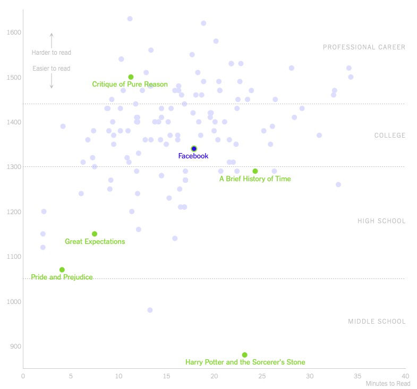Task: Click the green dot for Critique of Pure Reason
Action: (131, 77)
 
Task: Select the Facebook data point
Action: (194, 149)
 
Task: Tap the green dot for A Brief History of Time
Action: (255, 171)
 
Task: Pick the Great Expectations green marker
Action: (95, 234)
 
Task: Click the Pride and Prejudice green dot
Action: (62, 270)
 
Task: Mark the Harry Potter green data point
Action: (244, 355)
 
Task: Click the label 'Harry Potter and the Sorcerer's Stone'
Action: (245, 362)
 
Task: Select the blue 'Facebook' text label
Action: (193, 156)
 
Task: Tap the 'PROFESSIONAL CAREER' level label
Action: (364, 47)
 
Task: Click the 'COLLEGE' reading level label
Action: (390, 136)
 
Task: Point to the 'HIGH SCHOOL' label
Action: (381, 221)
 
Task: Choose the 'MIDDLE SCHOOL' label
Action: (377, 322)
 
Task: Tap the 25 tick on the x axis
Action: (262, 376)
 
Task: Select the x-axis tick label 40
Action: (405, 376)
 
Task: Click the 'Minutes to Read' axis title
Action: (388, 384)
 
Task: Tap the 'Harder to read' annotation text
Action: (51, 53)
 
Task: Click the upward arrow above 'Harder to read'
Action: (52, 40)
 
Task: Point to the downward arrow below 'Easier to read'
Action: (52, 81)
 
